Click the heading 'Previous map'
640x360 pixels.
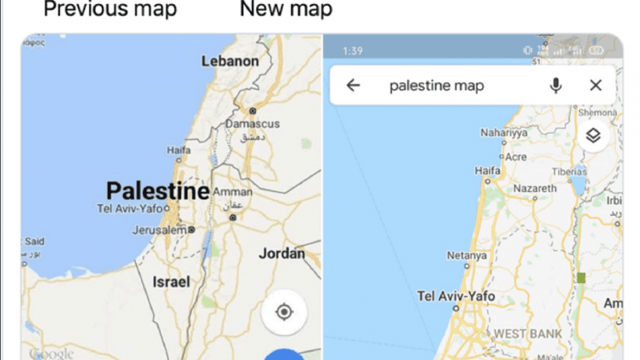(x=110, y=10)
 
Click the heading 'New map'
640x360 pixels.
(x=286, y=10)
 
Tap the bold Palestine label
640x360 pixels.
(x=158, y=191)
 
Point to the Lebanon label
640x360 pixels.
(x=230, y=62)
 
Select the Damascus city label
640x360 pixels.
(x=252, y=124)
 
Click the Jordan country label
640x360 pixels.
(x=282, y=254)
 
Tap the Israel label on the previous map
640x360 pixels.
(x=171, y=282)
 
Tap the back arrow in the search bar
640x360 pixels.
(x=353, y=86)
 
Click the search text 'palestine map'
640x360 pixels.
(x=436, y=86)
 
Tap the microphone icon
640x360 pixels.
(x=556, y=86)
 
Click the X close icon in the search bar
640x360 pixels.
(x=595, y=86)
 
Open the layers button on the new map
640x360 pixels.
(x=593, y=135)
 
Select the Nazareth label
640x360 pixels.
(x=534, y=189)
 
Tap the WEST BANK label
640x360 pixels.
(x=527, y=333)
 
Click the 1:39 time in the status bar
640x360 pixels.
(x=353, y=50)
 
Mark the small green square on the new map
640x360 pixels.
(x=582, y=278)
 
